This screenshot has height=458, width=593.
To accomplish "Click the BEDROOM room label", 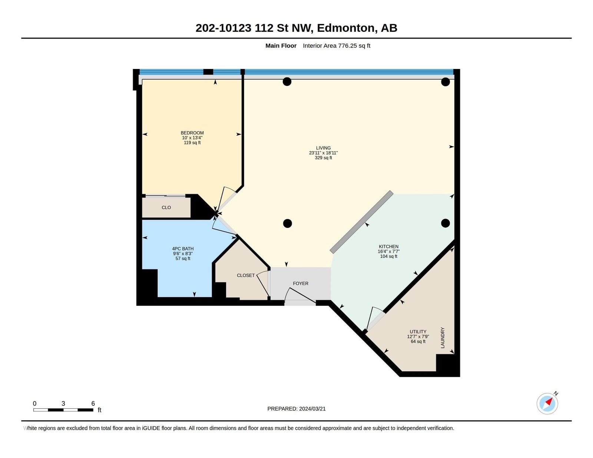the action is click(192, 133).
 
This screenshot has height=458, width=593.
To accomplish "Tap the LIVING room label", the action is click(324, 148).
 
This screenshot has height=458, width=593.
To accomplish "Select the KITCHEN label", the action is click(389, 246).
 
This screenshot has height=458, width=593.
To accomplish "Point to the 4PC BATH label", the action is click(183, 249).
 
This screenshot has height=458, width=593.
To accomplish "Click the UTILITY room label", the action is click(418, 331).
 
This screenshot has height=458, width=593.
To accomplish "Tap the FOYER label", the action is click(301, 283).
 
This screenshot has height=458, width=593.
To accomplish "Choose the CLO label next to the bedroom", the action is click(166, 208).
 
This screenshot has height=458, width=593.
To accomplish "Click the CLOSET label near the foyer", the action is click(246, 276).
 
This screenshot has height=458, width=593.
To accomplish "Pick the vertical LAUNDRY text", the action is click(443, 338).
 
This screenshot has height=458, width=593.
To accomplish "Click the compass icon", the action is click(547, 404).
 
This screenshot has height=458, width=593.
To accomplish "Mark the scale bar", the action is click(63, 410).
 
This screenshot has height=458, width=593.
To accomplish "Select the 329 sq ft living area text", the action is click(324, 157).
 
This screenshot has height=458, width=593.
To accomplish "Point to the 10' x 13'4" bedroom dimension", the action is click(192, 138).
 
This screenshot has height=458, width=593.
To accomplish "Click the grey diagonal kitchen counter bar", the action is click(362, 222).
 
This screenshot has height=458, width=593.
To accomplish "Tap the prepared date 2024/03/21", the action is click(312, 409).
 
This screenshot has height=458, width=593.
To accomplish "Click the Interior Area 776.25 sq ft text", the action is click(337, 46).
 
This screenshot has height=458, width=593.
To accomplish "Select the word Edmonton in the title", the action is click(346, 28).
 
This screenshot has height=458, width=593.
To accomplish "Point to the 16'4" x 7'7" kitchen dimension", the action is click(389, 251).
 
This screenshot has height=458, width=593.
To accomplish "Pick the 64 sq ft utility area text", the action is click(418, 341).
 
